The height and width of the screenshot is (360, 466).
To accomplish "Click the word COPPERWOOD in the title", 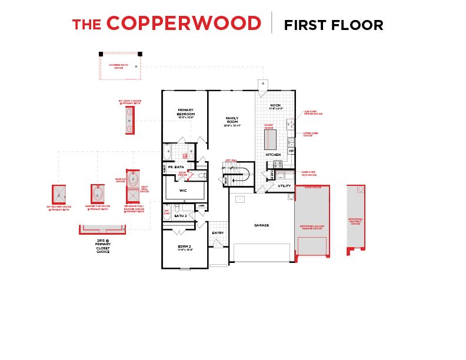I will pos(184,24).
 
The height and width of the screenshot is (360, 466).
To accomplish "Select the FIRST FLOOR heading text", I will pos(334,25).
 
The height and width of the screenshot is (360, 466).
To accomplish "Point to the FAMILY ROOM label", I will pos(232,121).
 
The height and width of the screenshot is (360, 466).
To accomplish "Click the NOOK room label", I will pos(276,105).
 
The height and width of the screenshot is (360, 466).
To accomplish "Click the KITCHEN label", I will pos(274,155).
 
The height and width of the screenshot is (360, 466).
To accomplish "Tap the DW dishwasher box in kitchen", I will pos(291,151).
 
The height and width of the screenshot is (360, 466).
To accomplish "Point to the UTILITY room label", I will pos(285,185).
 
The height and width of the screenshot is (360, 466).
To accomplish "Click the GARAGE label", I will pos(261,225).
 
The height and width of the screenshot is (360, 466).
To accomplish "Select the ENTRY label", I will pos(218,233).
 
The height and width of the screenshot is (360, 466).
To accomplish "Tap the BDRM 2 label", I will pos(185,247).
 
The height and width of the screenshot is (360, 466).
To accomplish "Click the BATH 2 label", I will pos(181,216).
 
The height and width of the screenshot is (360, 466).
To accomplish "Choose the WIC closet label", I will pos(182,191).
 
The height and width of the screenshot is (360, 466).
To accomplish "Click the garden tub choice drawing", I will pos(98,194).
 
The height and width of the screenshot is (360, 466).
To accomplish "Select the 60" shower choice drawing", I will pos(59,194).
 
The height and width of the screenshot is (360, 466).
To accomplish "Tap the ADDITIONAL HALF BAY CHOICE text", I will pos(355,221).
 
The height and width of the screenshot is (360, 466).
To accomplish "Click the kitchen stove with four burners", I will pos(278,164).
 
